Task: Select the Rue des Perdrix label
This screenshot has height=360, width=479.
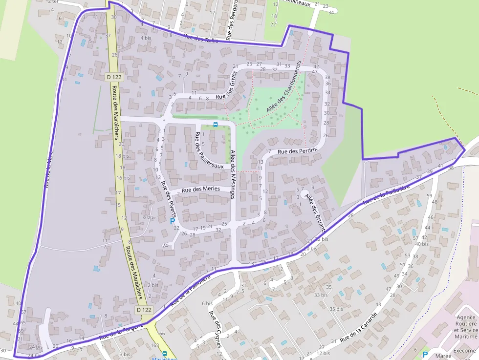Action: click(x=297, y=151)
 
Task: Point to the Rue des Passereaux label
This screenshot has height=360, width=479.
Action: click(x=209, y=150)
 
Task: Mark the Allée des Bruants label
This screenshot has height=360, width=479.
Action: click(x=315, y=212)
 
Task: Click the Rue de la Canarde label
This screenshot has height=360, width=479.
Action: click(x=358, y=323)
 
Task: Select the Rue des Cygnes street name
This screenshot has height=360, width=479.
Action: click(x=216, y=328)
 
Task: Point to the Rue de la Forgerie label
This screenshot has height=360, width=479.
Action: click(x=121, y=331)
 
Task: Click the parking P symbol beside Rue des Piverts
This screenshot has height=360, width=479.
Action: click(x=172, y=221)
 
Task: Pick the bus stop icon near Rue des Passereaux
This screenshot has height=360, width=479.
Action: click(x=216, y=125)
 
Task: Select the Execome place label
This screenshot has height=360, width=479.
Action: click(x=464, y=350)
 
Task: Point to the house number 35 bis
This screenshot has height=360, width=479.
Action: click(x=336, y=309)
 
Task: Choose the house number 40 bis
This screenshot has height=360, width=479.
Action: click(x=421, y=244)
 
